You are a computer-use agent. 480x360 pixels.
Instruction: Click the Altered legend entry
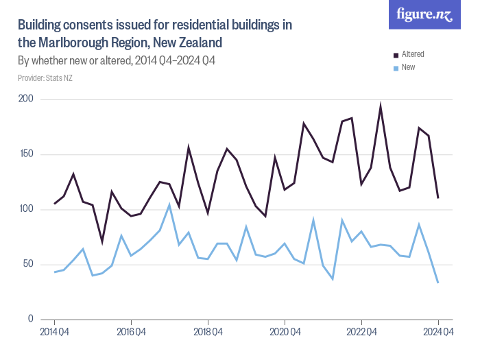[413, 54]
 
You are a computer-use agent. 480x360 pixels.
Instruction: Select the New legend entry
[408, 67]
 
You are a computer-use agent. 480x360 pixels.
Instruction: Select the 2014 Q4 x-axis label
[53, 333]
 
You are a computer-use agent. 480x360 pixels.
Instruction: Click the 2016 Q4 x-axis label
[130, 333]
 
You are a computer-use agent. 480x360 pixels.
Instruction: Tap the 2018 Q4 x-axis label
[207, 333]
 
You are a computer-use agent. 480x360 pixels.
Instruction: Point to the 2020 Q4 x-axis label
[284, 333]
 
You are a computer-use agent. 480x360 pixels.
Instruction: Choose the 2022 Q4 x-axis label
[361, 333]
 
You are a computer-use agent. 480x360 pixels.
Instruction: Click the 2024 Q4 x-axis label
[437, 333]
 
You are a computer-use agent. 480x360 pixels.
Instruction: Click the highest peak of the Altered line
[381, 107]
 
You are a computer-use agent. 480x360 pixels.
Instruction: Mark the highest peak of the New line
[169, 204]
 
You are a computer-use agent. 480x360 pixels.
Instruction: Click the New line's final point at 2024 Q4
[437, 283]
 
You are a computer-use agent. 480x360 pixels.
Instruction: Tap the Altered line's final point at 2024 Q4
[437, 197]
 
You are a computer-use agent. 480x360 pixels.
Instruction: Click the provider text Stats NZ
[45, 79]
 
